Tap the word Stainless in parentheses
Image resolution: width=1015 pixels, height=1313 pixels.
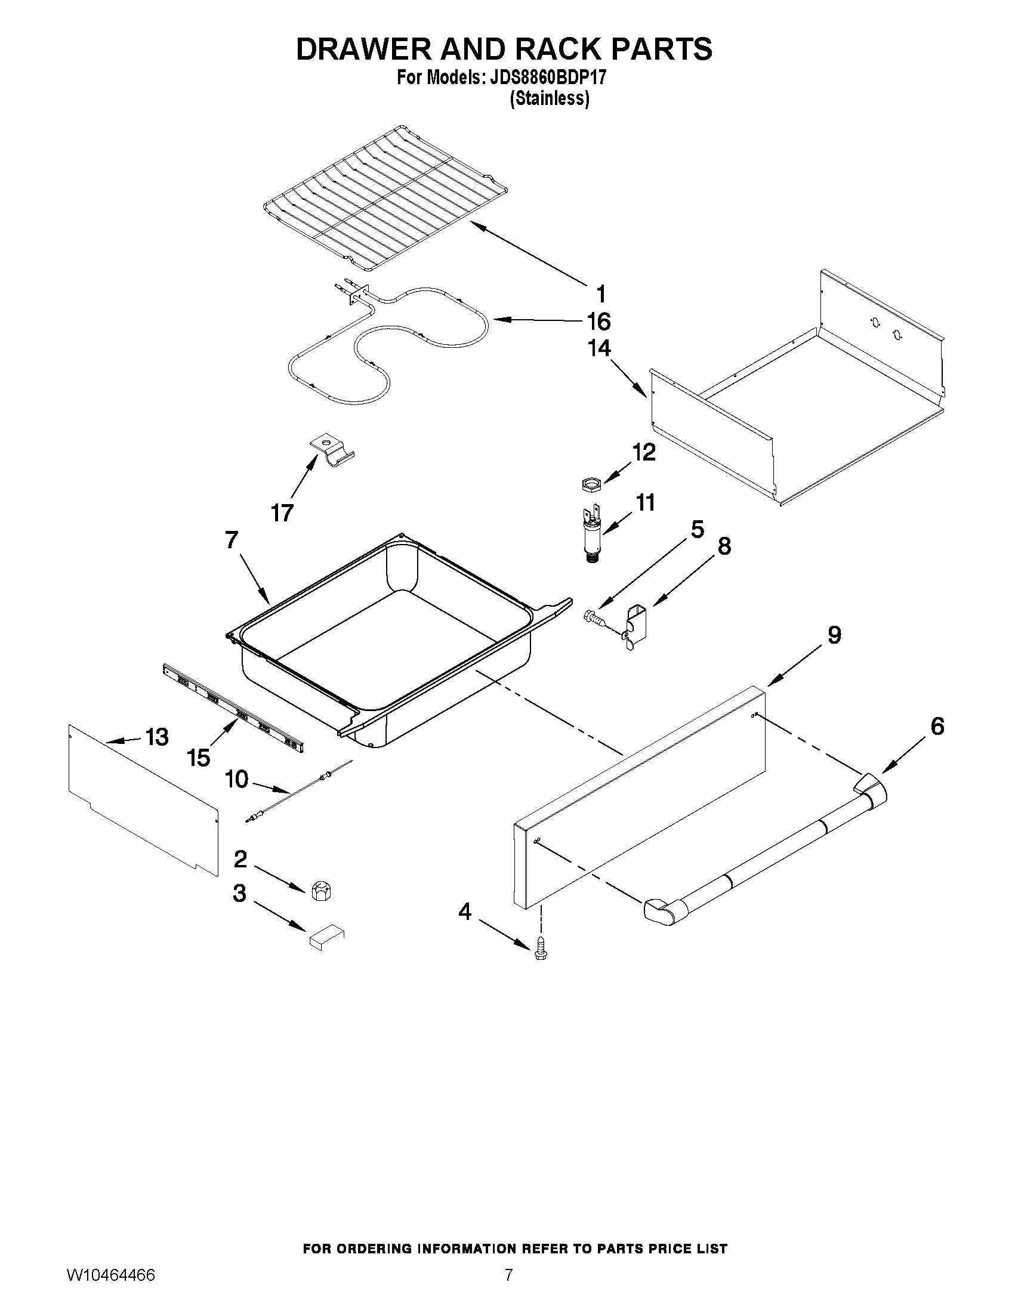(x=549, y=99)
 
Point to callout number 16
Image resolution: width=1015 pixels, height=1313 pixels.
(x=599, y=322)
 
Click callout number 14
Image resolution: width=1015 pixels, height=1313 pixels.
(x=600, y=348)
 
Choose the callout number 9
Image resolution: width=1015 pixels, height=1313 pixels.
(x=834, y=635)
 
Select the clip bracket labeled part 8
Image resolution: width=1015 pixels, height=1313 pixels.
(x=633, y=625)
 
